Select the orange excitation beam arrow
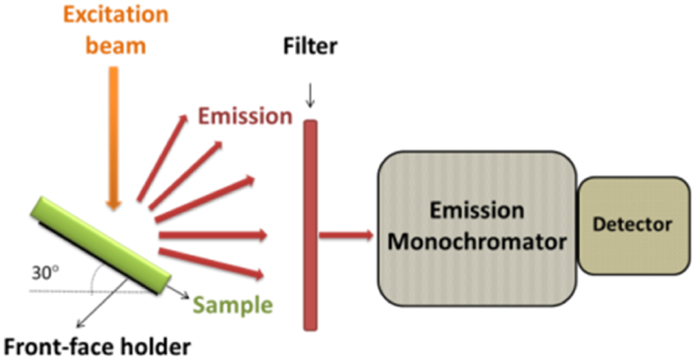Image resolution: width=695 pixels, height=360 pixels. click(x=114, y=136)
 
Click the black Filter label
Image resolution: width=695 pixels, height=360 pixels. click(x=310, y=47)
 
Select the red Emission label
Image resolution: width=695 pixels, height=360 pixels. click(x=245, y=117)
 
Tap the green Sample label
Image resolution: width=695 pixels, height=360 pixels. click(x=231, y=304)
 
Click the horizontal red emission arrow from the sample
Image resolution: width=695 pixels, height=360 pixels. click(x=211, y=236)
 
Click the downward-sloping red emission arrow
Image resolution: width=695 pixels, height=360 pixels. click(x=211, y=264)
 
